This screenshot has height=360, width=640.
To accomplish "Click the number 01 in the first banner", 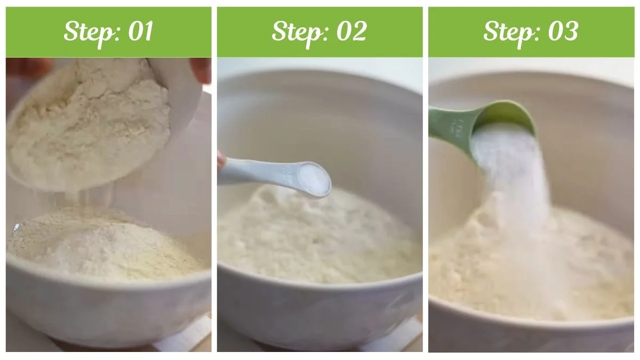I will [140, 32].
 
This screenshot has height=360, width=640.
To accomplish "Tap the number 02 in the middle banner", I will [351, 32].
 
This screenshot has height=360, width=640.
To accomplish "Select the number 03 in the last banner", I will [563, 32].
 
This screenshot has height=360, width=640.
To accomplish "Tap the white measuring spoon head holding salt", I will [312, 179].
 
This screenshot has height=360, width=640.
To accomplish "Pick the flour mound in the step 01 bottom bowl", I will [101, 243].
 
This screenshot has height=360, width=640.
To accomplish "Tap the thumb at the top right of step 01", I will [202, 69].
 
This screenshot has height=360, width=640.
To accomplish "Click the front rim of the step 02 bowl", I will [320, 291].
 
